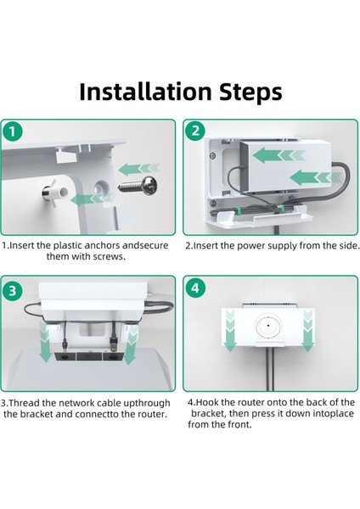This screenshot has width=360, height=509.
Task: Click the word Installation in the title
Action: (145, 92)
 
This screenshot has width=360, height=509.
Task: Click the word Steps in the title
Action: (250, 93)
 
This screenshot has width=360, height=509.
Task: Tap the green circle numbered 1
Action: (13, 131)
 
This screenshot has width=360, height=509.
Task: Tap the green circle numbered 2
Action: (195, 131)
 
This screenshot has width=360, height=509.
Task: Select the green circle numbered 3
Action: (13, 290)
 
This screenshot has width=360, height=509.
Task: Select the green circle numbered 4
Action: (195, 288)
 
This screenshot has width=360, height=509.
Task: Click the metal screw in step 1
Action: (138, 186)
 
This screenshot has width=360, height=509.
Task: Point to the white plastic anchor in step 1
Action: (54, 194)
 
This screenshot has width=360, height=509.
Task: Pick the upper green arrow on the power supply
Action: (278, 155)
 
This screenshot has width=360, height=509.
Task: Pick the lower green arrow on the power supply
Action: (315, 177)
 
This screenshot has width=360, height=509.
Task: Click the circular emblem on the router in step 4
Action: (268, 326)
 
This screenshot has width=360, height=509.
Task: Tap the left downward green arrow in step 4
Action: (230, 331)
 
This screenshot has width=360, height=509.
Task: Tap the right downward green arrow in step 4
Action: (307, 331)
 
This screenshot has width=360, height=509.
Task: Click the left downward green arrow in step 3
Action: (44, 342)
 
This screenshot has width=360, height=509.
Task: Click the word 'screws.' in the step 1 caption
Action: (109, 256)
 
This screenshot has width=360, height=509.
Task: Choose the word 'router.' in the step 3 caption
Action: (152, 414)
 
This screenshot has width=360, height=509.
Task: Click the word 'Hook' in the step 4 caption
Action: (206, 402)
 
